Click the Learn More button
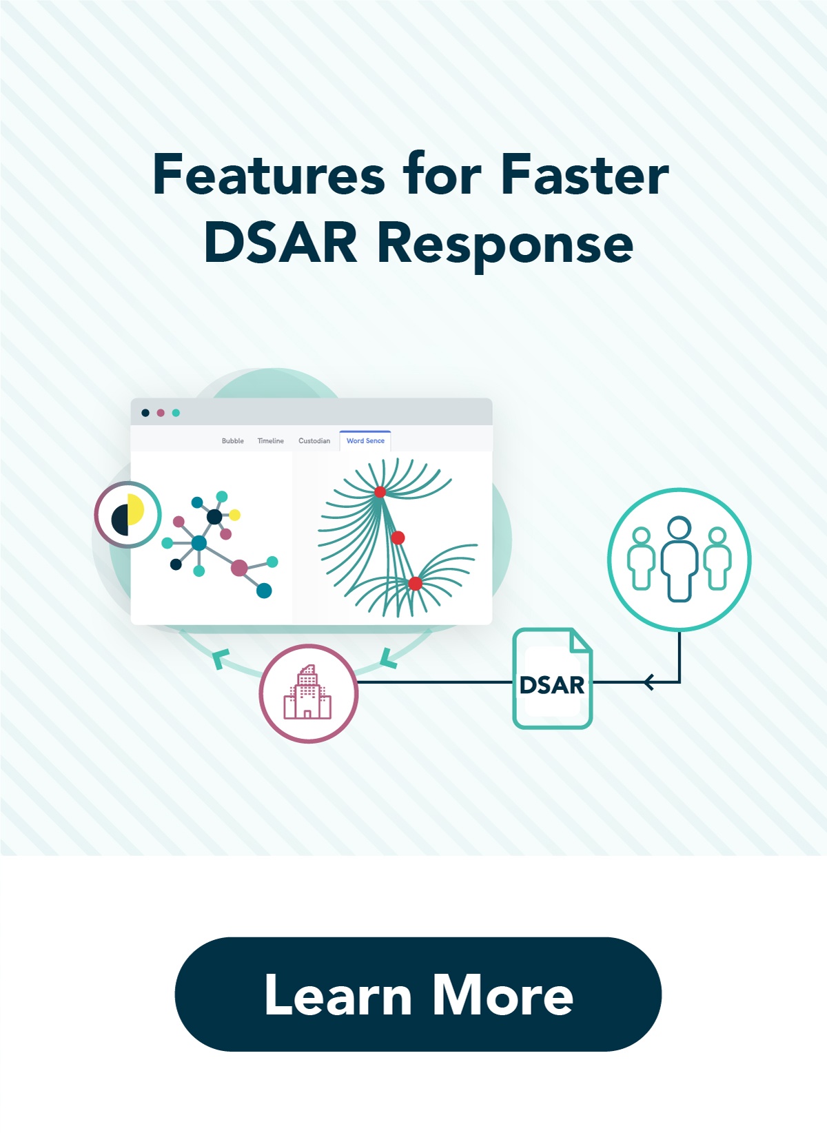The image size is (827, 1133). (x=418, y=994)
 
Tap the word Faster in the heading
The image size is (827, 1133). (x=584, y=175)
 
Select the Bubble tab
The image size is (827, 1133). (x=233, y=441)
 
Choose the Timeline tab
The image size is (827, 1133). (x=271, y=441)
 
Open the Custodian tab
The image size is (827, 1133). (x=314, y=441)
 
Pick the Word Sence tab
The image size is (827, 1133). (x=365, y=441)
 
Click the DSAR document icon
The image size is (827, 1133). (x=552, y=680)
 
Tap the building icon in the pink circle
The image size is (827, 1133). (x=308, y=693)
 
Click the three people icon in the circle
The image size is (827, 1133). (x=679, y=559)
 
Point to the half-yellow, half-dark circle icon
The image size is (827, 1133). (x=127, y=514)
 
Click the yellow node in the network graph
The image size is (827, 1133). (x=234, y=515)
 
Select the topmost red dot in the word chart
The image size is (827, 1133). (x=380, y=492)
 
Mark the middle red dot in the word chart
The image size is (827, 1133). (x=398, y=538)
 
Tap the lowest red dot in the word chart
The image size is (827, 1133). (x=415, y=584)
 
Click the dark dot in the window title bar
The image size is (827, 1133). (x=145, y=413)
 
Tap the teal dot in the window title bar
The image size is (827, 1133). (x=176, y=413)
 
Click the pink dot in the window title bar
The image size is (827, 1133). (x=161, y=413)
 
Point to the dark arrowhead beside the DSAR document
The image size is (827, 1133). (x=649, y=682)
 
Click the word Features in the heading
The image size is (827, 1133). (x=269, y=175)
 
